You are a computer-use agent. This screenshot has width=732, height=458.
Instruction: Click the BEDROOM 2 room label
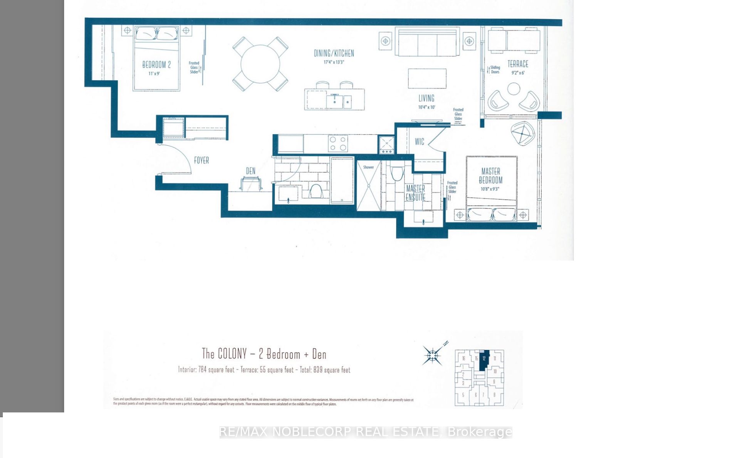[x=156, y=65]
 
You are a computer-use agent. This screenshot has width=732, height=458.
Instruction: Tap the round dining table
[x=260, y=64]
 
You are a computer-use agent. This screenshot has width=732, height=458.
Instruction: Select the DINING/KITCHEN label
[x=334, y=53]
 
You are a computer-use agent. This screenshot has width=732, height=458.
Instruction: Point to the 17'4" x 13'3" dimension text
[x=334, y=62]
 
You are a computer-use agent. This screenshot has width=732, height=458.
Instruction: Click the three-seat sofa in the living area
[x=427, y=42]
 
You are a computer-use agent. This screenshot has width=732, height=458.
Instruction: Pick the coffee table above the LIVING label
[x=427, y=79]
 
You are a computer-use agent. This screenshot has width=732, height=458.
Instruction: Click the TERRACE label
[x=517, y=64]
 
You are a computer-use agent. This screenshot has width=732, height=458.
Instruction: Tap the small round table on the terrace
[x=514, y=89]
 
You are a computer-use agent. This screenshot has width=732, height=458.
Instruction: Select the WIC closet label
[x=420, y=142]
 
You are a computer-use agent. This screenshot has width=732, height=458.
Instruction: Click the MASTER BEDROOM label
[x=490, y=176]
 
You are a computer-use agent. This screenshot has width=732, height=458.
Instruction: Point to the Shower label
[x=368, y=167]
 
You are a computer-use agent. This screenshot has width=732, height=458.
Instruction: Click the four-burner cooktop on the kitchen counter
[x=338, y=144]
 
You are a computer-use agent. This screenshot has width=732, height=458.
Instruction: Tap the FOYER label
[x=201, y=160]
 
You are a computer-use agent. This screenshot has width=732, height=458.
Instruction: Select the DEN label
[x=250, y=171]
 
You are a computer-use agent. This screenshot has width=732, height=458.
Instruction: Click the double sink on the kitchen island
[x=339, y=102]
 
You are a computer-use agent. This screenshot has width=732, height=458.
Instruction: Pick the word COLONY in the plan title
[x=232, y=354]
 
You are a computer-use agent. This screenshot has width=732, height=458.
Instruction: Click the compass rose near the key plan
[x=432, y=355]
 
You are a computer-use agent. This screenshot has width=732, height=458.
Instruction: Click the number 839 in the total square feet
[x=318, y=370]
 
